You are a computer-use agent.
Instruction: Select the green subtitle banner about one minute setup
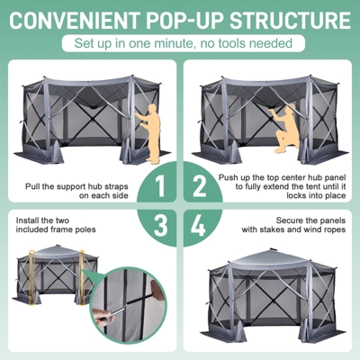pyautogui.click(x=180, y=42)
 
